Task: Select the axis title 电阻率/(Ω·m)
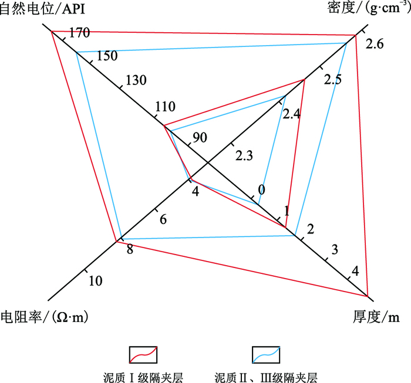[45, 317]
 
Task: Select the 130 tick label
[136, 80]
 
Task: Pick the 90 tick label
[200, 138]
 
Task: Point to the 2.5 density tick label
[332, 80]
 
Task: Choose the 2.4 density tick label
[291, 114]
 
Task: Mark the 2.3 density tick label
[244, 155]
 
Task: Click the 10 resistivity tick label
[96, 281]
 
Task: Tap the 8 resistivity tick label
[129, 250]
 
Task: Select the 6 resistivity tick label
[163, 219]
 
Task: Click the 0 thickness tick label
[261, 189]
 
